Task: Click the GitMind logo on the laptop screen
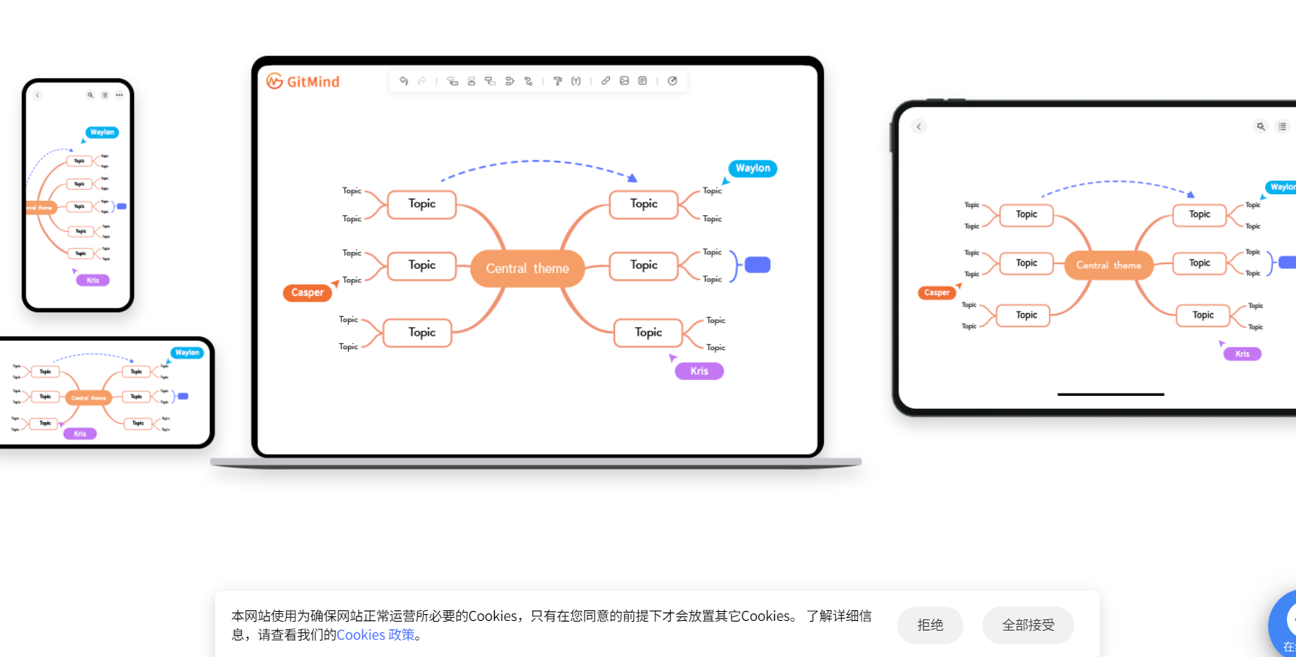coord(303,81)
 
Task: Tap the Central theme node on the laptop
coord(527,269)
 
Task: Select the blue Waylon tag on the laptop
coord(752,169)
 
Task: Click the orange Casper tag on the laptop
coord(307,293)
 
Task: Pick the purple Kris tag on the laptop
coord(699,371)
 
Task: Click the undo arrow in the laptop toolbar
coord(404,81)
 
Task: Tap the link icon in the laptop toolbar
coord(605,81)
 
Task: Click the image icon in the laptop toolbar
coord(624,81)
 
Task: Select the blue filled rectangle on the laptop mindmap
coord(757,265)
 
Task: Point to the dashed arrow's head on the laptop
coord(633,178)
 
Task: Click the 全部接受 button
coord(1028,625)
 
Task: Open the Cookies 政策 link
coord(376,635)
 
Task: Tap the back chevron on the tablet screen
coord(919,126)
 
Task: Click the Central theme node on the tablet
coord(1108,266)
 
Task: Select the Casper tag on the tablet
coord(937,293)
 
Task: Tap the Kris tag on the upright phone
coord(93,280)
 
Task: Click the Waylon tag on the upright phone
coord(102,132)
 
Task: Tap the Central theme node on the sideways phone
coord(89,397)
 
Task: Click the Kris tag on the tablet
coord(1242,354)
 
